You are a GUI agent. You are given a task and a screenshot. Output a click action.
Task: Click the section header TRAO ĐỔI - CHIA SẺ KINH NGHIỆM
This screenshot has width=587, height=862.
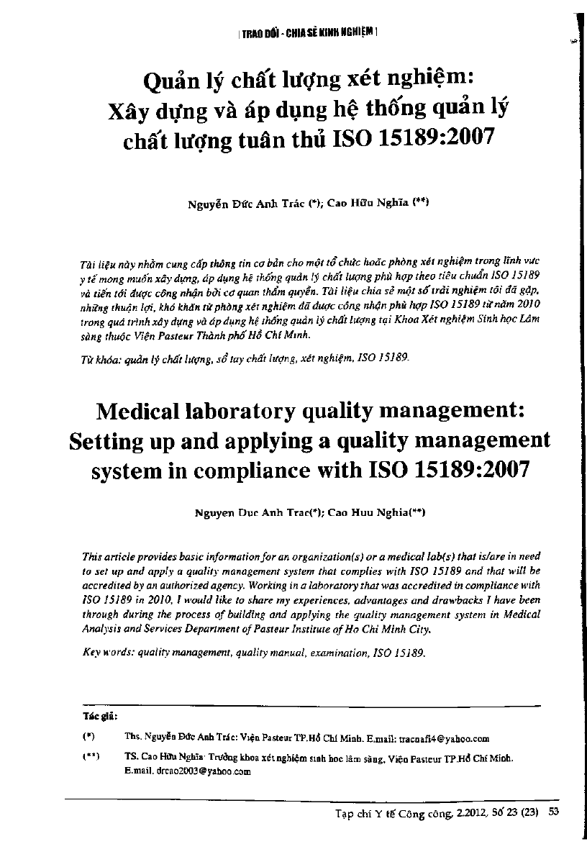coord(307,32)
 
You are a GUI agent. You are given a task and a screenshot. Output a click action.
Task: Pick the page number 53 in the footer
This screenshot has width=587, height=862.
coord(554,813)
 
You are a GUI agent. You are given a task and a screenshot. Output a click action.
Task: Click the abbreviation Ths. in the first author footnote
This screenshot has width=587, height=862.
coord(133,738)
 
